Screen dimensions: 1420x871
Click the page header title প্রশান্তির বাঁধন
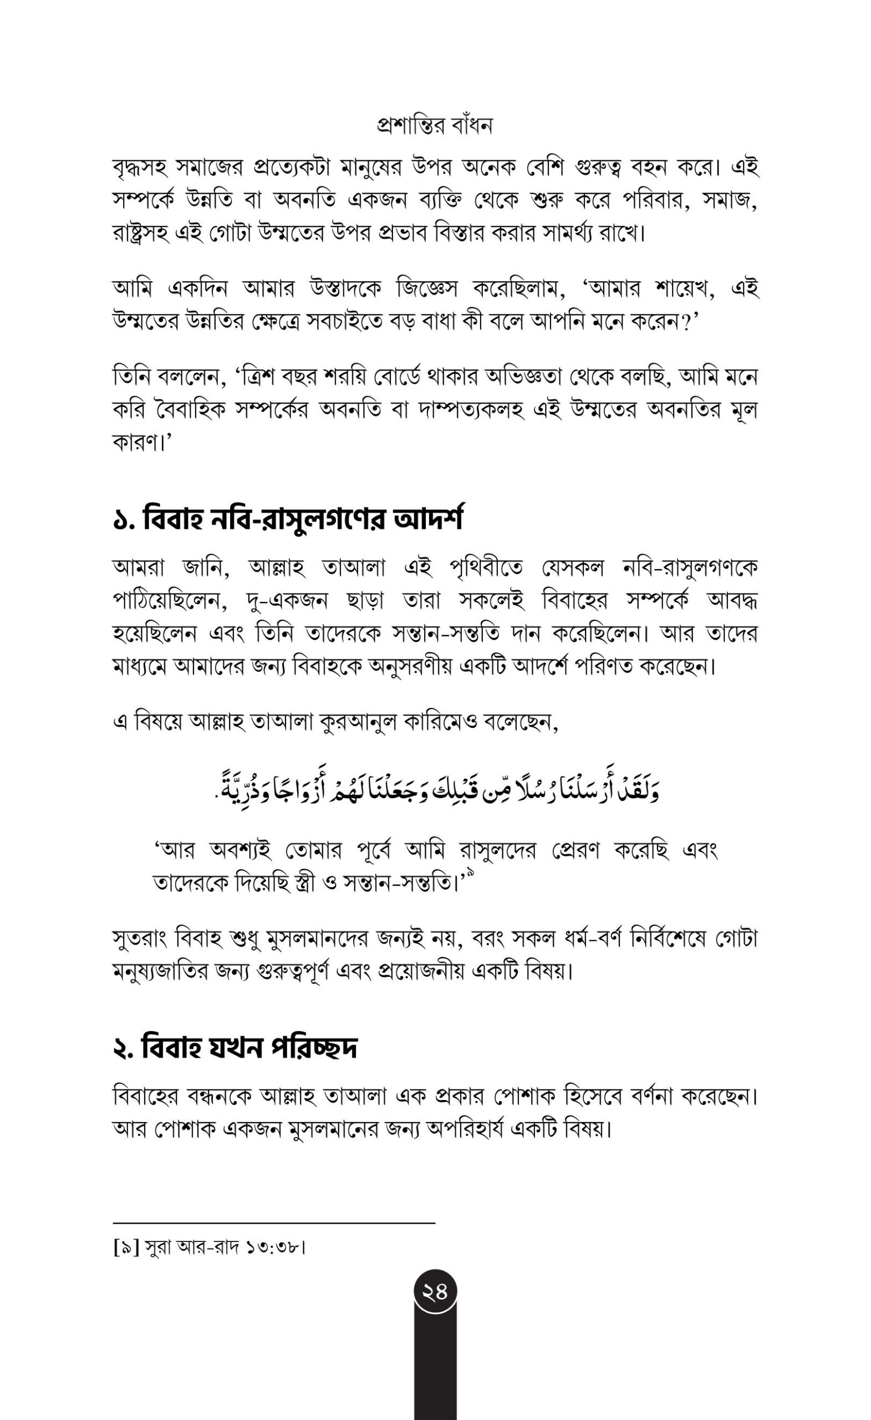[435, 125]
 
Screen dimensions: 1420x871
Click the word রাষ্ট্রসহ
[144, 235]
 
